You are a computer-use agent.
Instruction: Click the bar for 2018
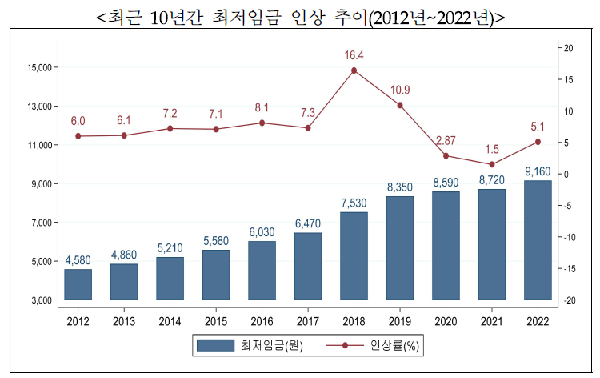[x=354, y=256]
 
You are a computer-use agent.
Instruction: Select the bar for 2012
[x=78, y=284]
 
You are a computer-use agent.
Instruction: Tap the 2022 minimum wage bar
[x=538, y=240]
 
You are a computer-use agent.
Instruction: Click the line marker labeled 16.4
[x=354, y=70]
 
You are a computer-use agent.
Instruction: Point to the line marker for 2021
[x=492, y=164]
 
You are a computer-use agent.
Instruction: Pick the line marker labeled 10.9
[x=400, y=105]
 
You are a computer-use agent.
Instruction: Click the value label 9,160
[x=538, y=171]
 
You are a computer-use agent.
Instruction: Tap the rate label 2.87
[x=446, y=141]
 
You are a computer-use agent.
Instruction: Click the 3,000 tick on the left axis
[x=41, y=300]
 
